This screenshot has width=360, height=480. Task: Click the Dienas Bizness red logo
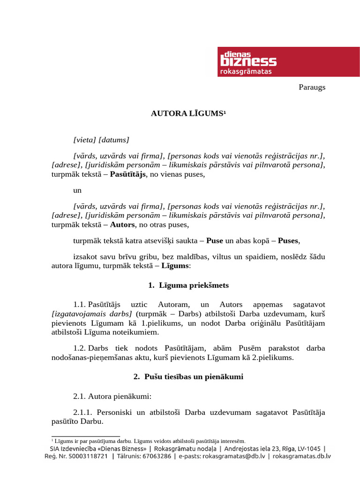tap(288, 61)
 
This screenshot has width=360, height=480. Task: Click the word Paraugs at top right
tap(312, 87)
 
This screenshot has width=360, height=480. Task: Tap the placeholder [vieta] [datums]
tap(101, 140)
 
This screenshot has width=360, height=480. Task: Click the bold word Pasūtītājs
tap(128, 174)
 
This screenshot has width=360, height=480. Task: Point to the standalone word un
tap(77, 191)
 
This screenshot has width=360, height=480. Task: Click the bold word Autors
tap(122, 225)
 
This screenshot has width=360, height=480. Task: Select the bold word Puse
tap(215, 241)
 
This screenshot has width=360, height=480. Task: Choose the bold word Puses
tap(288, 241)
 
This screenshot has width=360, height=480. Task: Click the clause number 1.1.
tap(80, 304)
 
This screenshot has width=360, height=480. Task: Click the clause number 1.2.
tap(80, 348)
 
